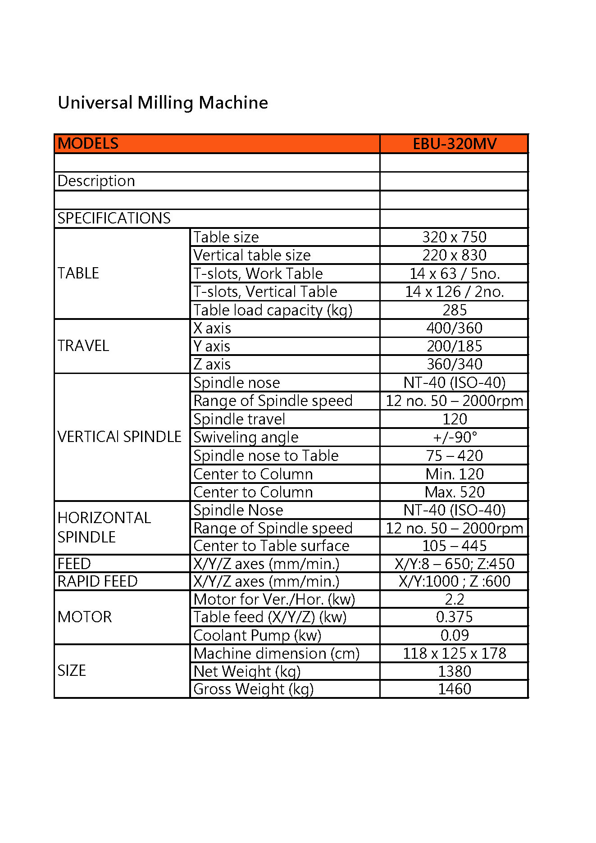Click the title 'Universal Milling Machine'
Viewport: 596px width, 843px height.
pyautogui.click(x=163, y=103)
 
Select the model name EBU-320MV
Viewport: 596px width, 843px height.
pyautogui.click(x=454, y=144)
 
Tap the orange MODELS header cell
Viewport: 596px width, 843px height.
pyautogui.click(x=88, y=144)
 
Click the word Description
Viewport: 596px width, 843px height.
pyautogui.click(x=96, y=181)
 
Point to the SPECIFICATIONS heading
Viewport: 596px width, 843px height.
pyautogui.click(x=114, y=219)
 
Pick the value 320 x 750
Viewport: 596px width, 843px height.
pyautogui.click(x=454, y=237)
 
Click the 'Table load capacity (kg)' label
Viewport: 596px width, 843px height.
pyautogui.click(x=273, y=310)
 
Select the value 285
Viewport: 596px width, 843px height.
pyautogui.click(x=454, y=310)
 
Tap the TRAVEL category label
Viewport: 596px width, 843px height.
pyautogui.click(x=83, y=346)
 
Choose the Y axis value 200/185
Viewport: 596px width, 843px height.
pyautogui.click(x=454, y=346)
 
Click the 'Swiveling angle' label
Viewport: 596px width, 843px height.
pyautogui.click(x=246, y=437)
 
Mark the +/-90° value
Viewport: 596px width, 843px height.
pyautogui.click(x=454, y=437)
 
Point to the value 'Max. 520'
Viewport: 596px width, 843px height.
pyautogui.click(x=454, y=492)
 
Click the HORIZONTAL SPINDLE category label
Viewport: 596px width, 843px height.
pyautogui.click(x=104, y=527)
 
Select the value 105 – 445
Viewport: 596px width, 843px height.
pyautogui.click(x=454, y=546)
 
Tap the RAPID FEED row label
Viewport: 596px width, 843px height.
pyautogui.click(x=97, y=581)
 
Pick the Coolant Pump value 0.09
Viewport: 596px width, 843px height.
pyautogui.click(x=454, y=635)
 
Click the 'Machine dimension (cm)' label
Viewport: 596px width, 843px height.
pyautogui.click(x=276, y=653)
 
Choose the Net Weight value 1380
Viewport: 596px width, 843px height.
pyautogui.click(x=454, y=671)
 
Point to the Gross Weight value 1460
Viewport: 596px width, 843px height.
pyautogui.click(x=454, y=689)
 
